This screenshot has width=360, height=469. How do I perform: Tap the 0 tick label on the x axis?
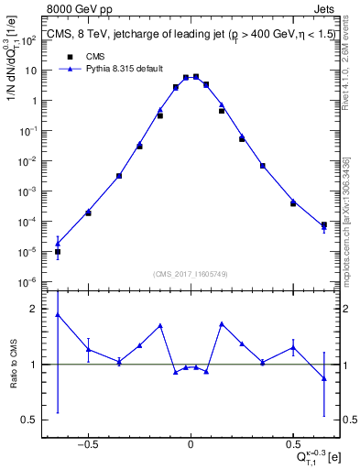pos(191,441)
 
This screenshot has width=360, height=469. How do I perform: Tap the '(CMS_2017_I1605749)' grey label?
pos(191,274)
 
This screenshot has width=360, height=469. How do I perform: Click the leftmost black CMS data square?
pos(58,252)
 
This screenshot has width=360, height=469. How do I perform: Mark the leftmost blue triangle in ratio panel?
pos(58,314)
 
